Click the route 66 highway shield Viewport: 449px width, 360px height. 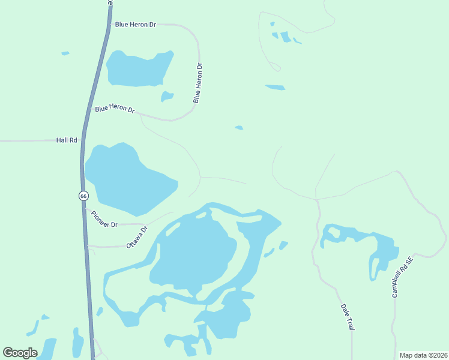pos(83,196)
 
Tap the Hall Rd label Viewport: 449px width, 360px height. pos(67,140)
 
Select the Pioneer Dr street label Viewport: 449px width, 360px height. pos(104,220)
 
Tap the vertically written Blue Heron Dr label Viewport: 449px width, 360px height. pos(198,83)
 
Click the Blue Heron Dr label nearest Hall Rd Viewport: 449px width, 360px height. pos(115,109)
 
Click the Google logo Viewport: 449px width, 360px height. pos(20,352)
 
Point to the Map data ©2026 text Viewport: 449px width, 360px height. pos(423,355)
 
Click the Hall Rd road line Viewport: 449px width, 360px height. pos(30,140)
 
